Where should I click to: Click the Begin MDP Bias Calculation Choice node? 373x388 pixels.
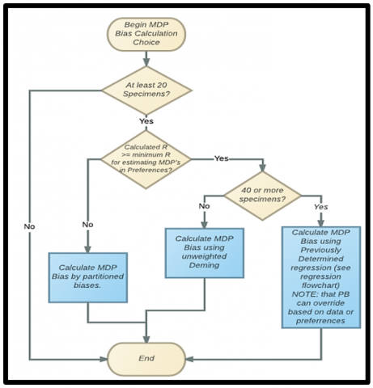[x=147, y=32]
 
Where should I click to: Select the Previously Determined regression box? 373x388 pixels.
[x=321, y=276]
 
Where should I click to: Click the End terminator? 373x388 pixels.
[x=147, y=358]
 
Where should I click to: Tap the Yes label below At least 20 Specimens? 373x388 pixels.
[x=147, y=121]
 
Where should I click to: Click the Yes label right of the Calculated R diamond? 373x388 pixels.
[x=221, y=158]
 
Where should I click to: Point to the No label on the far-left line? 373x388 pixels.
[x=30, y=226]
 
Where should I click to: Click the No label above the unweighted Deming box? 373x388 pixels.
[x=206, y=206]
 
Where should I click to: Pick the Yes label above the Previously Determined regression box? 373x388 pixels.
[x=321, y=207]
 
